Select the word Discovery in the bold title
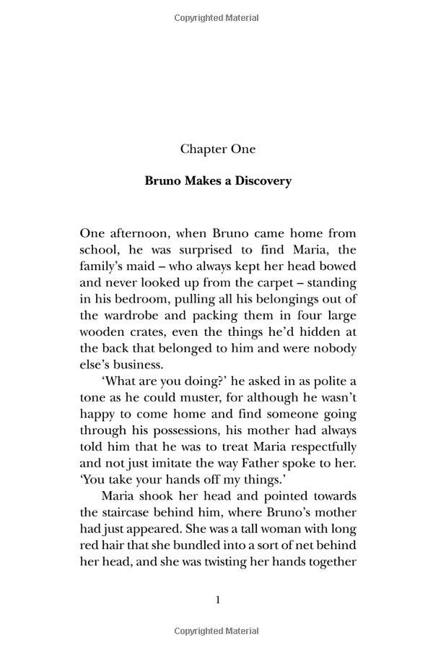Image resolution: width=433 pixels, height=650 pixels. pyautogui.click(x=262, y=181)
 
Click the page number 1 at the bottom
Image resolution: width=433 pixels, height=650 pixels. pyautogui.click(x=217, y=599)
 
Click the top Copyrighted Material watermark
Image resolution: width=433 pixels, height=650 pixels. pyautogui.click(x=217, y=18)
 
